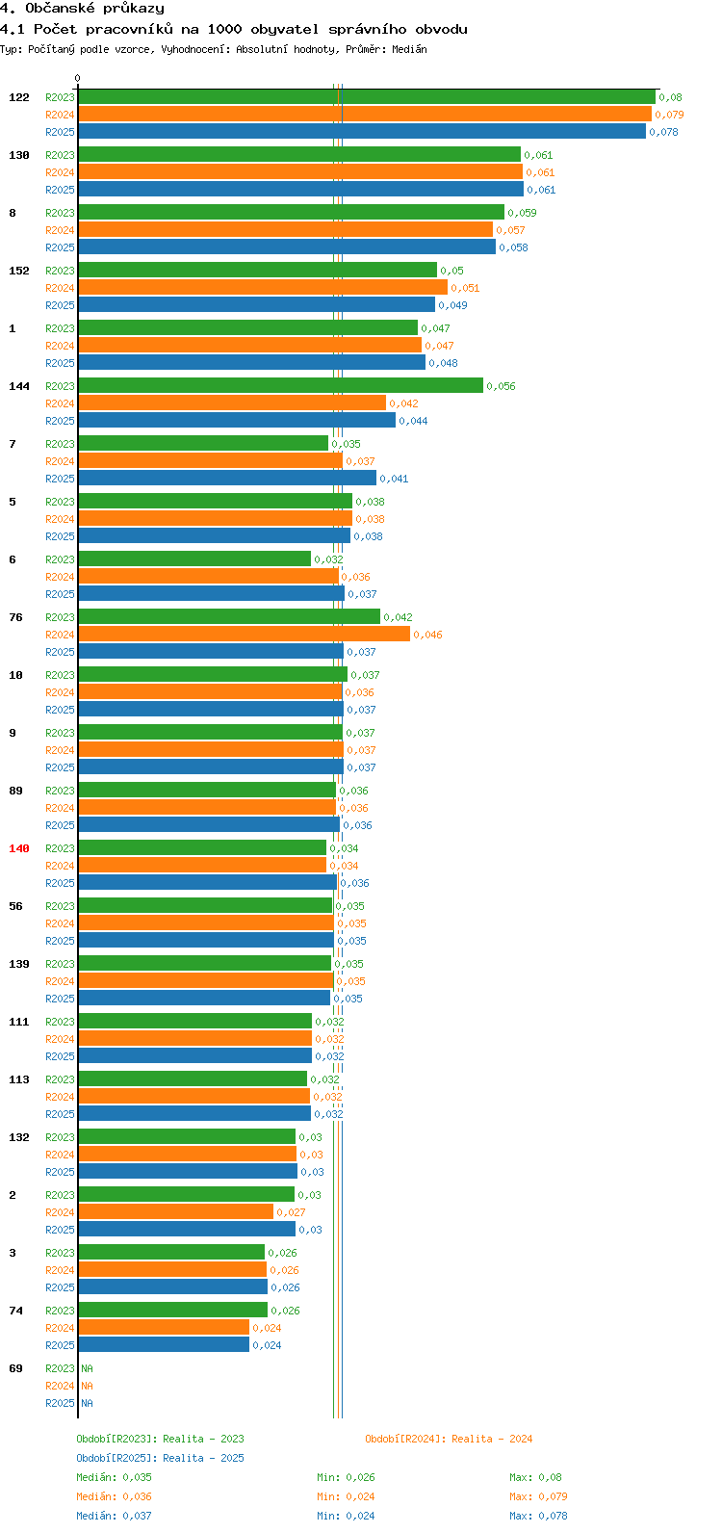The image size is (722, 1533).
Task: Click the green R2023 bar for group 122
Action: tap(366, 97)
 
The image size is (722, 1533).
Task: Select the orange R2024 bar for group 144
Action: tap(231, 403)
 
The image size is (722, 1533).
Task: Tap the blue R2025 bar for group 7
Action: tap(226, 479)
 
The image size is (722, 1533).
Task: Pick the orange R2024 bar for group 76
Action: tap(244, 635)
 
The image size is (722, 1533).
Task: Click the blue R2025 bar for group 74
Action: tap(164, 1345)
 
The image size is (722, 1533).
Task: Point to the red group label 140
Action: tap(19, 848)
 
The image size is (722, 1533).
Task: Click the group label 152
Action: tap(19, 271)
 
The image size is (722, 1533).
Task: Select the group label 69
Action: tap(16, 1368)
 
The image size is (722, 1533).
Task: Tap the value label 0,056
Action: tap(501, 386)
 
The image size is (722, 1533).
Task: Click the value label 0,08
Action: tap(670, 97)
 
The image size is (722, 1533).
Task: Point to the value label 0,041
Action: tap(394, 479)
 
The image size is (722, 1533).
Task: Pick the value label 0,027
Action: tap(291, 1212)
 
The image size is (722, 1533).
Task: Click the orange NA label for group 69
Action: tap(87, 1386)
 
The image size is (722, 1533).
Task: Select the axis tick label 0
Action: tap(78, 79)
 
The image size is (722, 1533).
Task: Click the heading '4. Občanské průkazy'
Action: tap(82, 9)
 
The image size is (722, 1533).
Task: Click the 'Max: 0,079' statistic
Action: tap(538, 1496)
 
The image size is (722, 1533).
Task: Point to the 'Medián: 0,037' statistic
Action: tap(114, 1516)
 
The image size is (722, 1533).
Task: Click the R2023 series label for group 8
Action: tap(60, 213)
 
